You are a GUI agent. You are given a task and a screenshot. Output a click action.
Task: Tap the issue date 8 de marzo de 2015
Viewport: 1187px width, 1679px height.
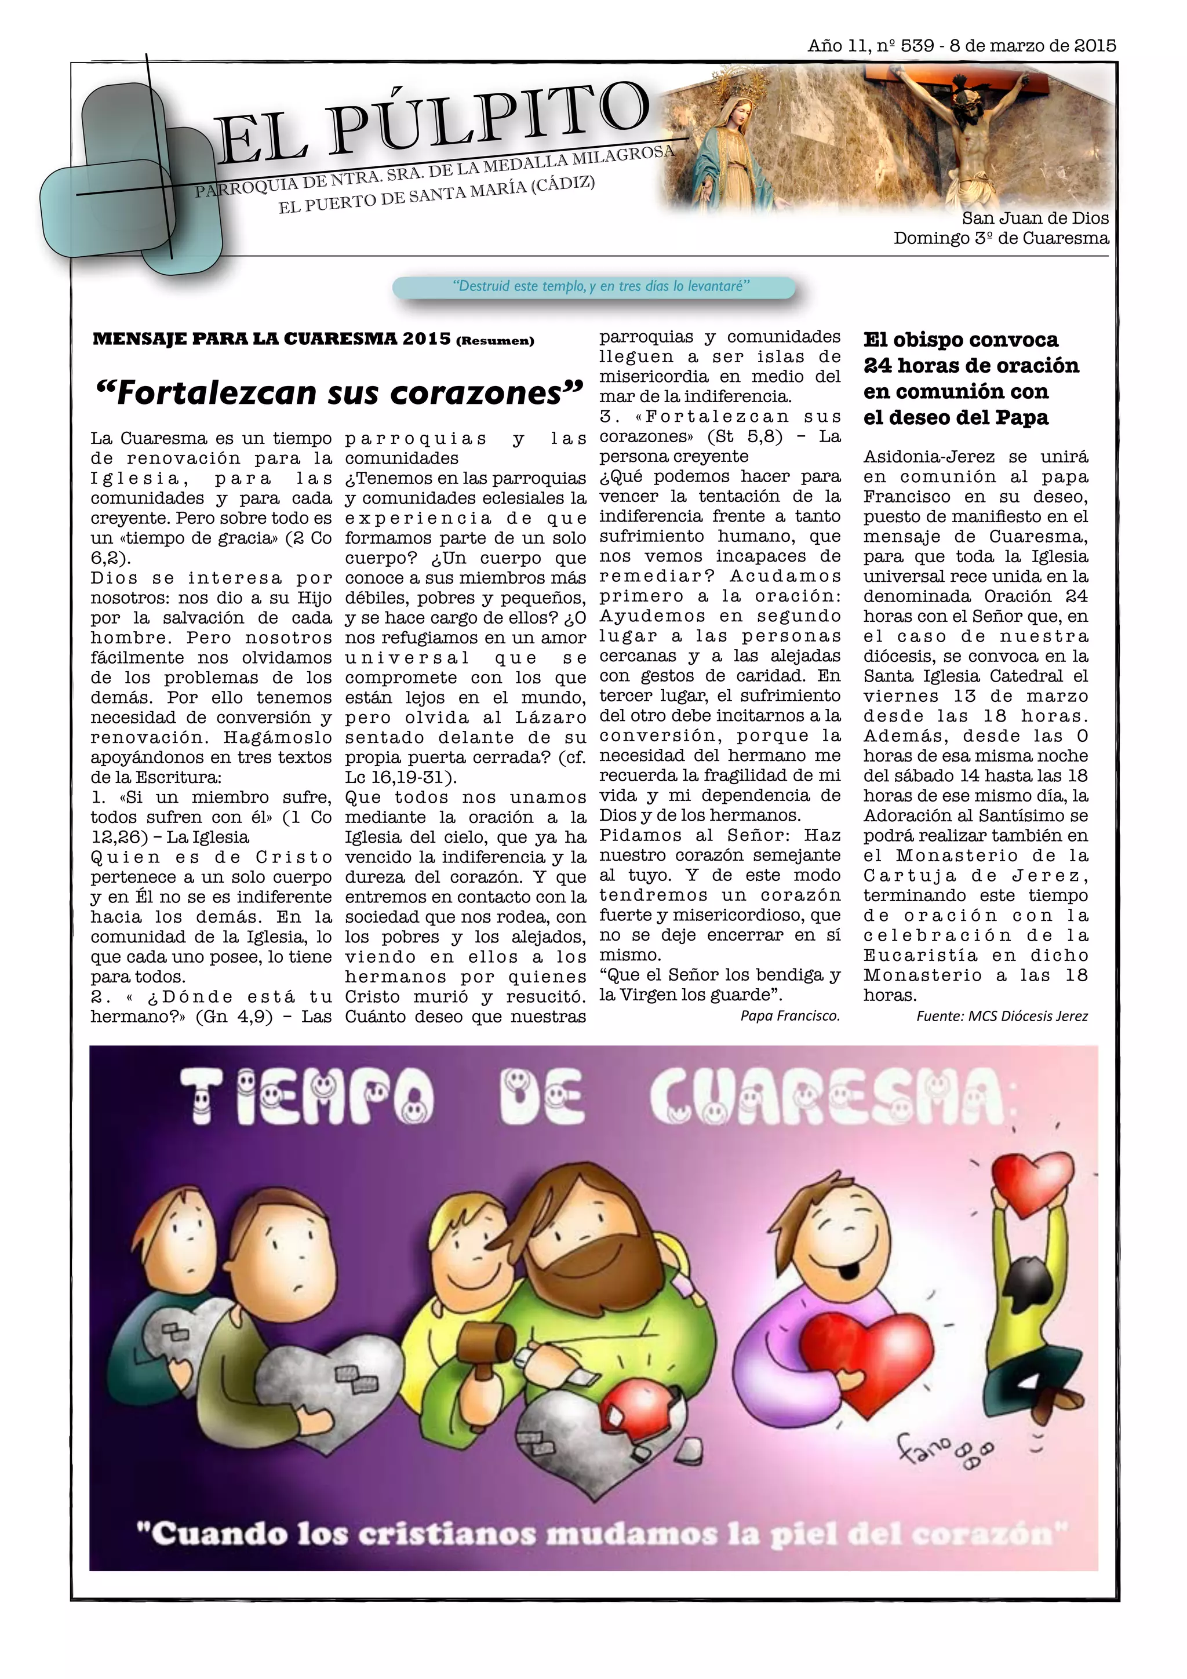click(x=1033, y=45)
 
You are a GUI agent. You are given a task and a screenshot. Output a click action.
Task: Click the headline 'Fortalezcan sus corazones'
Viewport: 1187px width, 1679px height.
click(x=340, y=393)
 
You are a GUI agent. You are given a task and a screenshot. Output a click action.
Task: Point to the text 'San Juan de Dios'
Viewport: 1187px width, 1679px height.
click(x=1035, y=218)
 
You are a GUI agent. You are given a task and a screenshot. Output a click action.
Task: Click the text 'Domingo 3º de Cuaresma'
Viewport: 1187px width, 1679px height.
click(x=1000, y=238)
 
